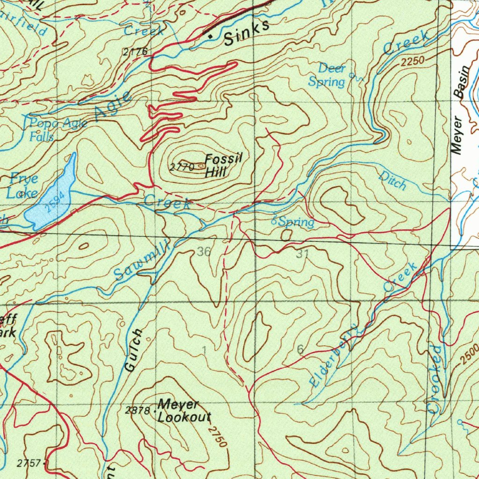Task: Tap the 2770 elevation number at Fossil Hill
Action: [182, 167]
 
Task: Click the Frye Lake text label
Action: [22, 186]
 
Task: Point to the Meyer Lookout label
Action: [184, 411]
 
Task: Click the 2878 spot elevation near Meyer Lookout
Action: [137, 411]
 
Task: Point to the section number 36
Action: [203, 252]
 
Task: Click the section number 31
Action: [302, 254]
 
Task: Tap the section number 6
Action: [300, 349]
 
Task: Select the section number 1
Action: [204, 350]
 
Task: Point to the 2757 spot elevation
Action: [28, 463]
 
